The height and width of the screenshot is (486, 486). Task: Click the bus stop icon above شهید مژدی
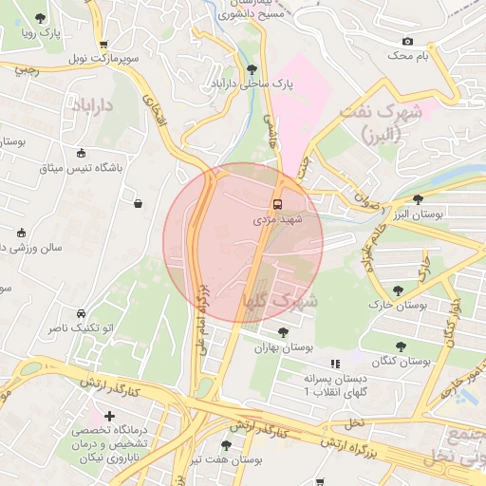tap(277, 204)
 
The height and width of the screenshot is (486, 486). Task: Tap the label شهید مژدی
tap(277, 219)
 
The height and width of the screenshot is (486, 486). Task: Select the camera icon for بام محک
tap(407, 41)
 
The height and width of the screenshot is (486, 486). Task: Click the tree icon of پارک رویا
tap(39, 19)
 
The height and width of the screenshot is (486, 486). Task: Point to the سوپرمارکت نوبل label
tap(103, 59)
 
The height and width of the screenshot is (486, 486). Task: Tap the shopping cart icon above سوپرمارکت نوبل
tap(103, 44)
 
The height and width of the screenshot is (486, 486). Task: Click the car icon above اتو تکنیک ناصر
tap(82, 313)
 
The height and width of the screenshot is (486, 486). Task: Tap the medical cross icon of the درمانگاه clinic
tap(110, 416)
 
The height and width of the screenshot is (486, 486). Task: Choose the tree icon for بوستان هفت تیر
tap(225, 444)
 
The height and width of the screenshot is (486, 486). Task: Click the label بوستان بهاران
tap(283, 347)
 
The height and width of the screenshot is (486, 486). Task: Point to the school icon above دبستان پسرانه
tap(334, 364)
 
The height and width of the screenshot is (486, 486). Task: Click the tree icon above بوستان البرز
tap(419, 198)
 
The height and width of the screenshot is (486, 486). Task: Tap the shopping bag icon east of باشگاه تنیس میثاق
tap(139, 203)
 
